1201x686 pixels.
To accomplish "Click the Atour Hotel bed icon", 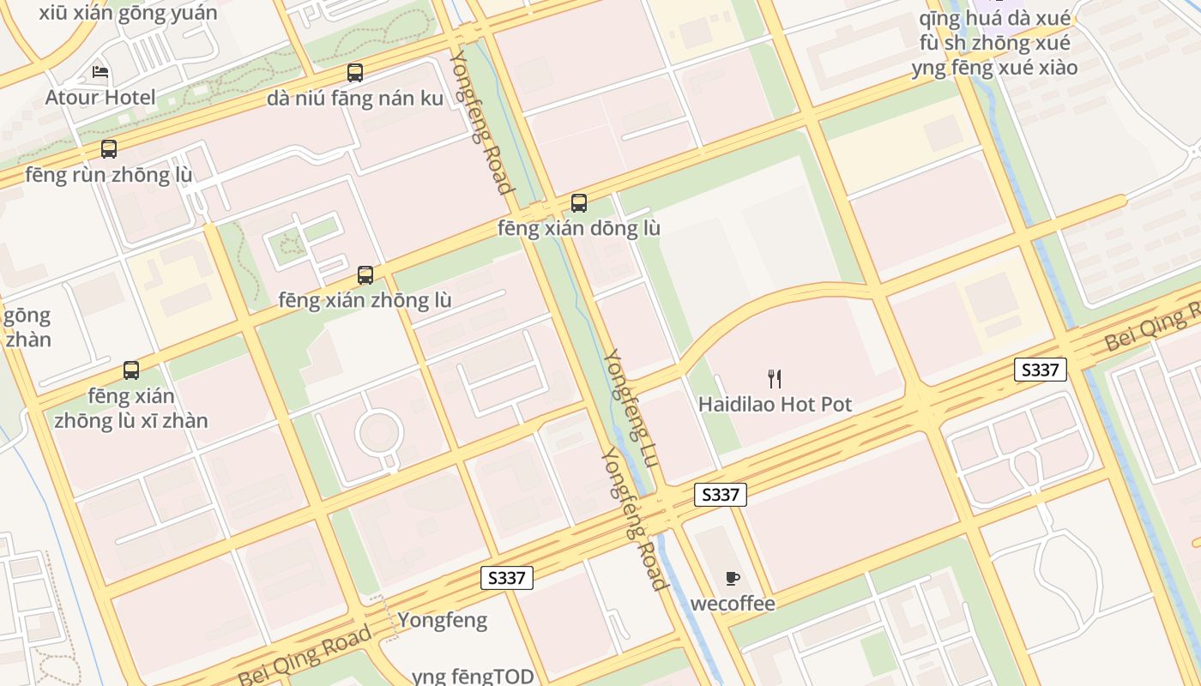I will pos(100,72).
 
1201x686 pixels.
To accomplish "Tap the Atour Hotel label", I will pos(100,98).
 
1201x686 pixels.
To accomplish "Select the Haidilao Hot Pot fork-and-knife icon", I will pos(775,378).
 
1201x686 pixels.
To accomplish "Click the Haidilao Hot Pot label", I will pos(775,404).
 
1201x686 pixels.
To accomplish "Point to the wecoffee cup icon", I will pos(732,578).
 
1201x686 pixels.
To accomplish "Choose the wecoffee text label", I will pos(733,604).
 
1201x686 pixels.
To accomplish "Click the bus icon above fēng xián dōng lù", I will pos(579,203).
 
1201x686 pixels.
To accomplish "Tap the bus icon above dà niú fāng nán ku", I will pos(355,73).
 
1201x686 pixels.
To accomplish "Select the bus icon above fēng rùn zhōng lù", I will pos(109,149).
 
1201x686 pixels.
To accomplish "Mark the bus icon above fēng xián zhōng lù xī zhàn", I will pos(131,370).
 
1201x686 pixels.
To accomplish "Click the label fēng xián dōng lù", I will pos(579,229).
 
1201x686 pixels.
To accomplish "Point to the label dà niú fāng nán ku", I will pos(355,99).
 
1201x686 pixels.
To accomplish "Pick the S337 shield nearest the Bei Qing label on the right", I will pos(1040,370).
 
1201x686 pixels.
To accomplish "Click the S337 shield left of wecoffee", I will pos(720,495).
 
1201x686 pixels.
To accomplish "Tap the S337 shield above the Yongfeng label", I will pos(506,578).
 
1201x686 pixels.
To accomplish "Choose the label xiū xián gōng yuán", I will pos(128,13).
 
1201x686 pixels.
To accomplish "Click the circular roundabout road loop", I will pos(379,433).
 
